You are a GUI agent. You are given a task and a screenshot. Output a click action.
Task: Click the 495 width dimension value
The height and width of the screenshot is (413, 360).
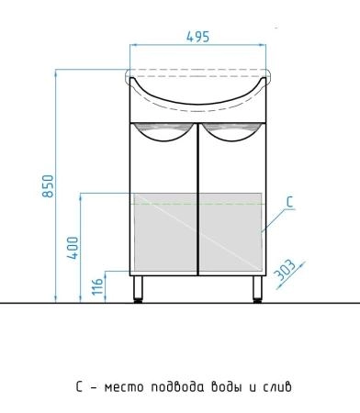click(x=197, y=37)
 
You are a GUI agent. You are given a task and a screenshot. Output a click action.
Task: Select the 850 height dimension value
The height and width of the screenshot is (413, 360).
click(x=48, y=186)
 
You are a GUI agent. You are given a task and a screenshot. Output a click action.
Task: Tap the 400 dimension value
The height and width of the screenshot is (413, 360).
click(x=73, y=248)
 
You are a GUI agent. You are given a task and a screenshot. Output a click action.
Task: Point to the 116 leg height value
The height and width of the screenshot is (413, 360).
click(x=97, y=286)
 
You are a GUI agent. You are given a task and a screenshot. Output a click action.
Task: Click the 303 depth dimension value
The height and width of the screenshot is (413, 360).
click(x=286, y=270)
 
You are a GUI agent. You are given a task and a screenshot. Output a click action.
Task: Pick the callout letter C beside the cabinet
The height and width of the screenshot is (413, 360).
click(x=290, y=203)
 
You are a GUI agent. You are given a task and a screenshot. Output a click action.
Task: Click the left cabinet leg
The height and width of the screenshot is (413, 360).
click(x=138, y=289)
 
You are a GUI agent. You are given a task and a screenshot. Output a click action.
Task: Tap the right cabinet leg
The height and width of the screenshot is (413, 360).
click(x=257, y=289)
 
